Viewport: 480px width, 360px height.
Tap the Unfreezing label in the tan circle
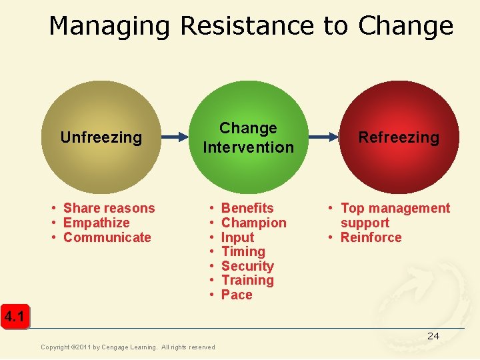tap(101, 137)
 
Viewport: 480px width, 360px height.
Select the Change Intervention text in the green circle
tap(248, 137)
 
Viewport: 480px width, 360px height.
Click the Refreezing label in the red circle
tap(399, 137)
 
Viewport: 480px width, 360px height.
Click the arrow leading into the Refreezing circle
tap(319, 137)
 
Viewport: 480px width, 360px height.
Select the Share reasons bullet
tap(109, 209)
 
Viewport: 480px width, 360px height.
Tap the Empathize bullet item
tap(96, 223)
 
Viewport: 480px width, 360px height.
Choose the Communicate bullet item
tap(107, 237)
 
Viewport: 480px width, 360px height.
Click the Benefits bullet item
tap(247, 209)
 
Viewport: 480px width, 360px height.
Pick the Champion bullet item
tap(253, 223)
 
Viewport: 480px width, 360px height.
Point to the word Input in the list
tap(237, 237)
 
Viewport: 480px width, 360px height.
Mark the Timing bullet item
tap(243, 251)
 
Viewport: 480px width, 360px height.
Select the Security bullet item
tap(247, 266)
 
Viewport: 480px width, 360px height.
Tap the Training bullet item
tap(247, 280)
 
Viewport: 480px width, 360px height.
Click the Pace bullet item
tap(237, 295)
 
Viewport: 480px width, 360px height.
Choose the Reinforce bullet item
tap(371, 237)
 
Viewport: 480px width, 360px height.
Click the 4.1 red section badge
tap(14, 317)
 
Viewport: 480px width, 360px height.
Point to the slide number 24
tap(433, 336)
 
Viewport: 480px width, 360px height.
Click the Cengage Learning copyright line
tap(128, 347)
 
